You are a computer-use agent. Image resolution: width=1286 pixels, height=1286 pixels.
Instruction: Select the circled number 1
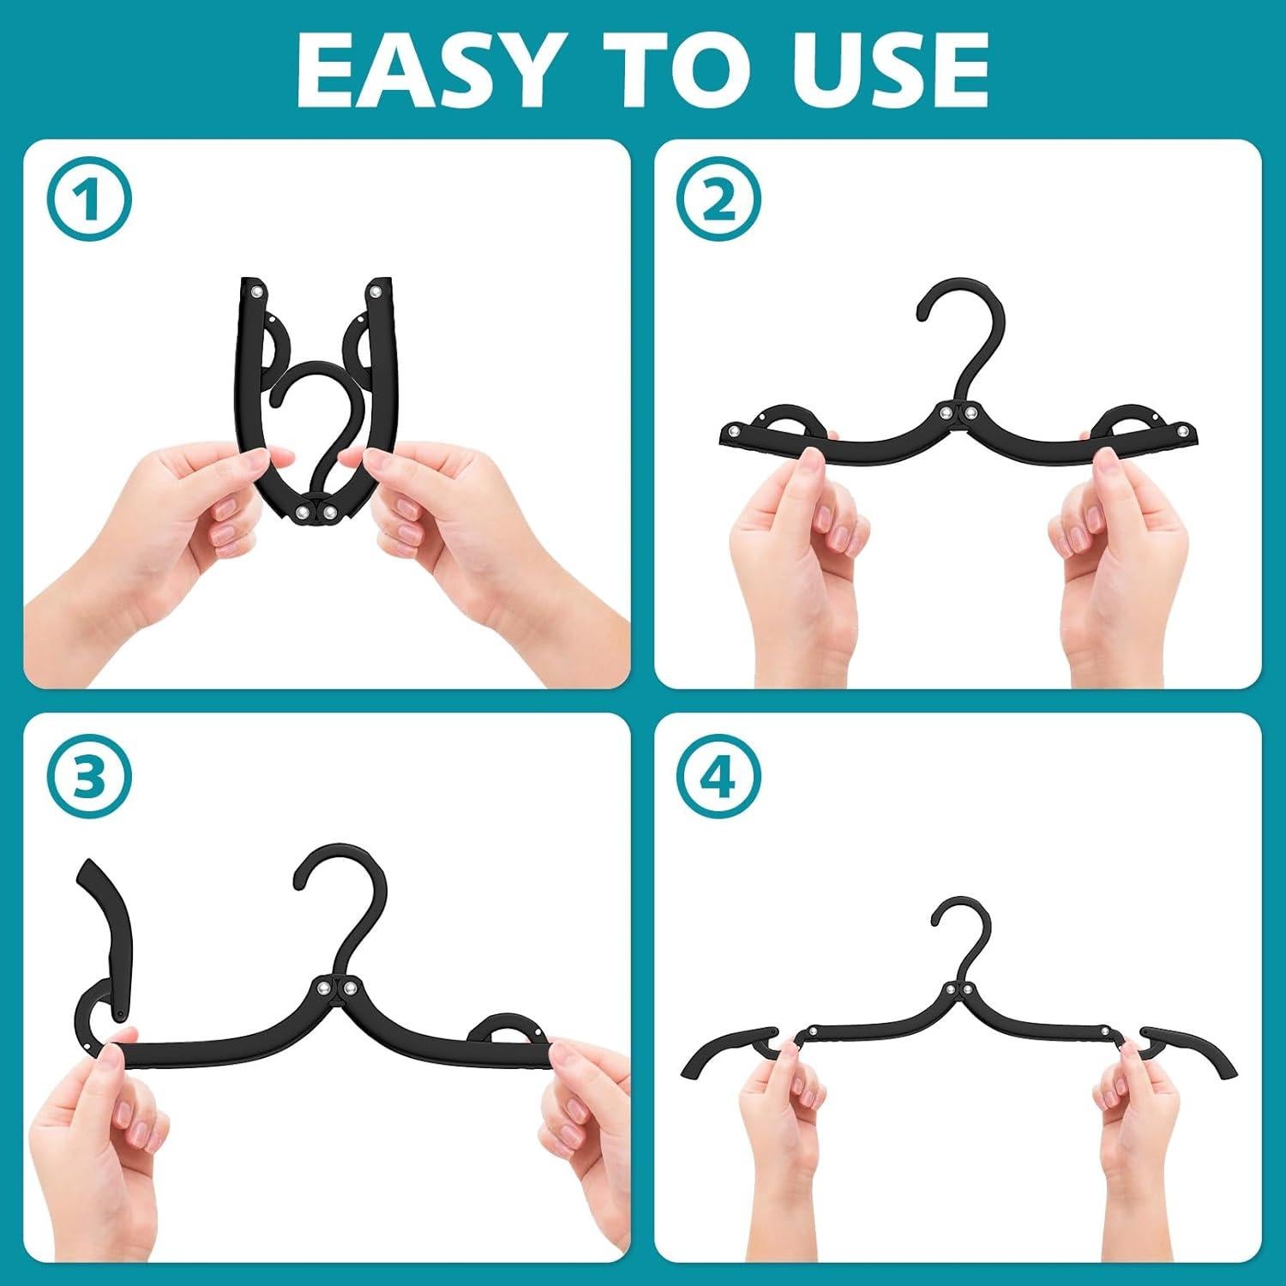pyautogui.click(x=91, y=202)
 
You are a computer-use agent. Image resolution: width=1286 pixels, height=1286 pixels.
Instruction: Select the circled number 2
pyautogui.click(x=721, y=202)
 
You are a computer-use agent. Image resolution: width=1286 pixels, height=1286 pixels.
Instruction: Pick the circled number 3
pyautogui.click(x=91, y=778)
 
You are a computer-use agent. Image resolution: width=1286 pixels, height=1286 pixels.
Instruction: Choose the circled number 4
pyautogui.click(x=721, y=778)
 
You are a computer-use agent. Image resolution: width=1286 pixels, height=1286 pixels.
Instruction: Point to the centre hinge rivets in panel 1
pyautogui.click(x=315, y=513)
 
